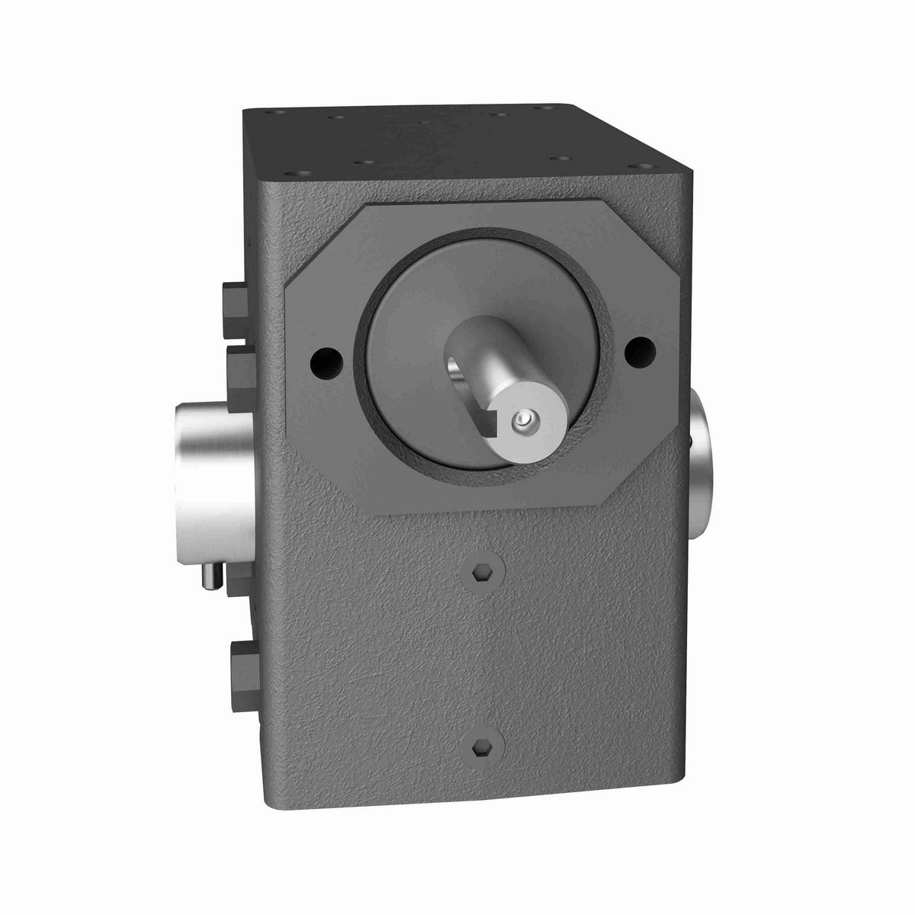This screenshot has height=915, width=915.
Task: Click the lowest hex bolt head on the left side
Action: tap(242, 659)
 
